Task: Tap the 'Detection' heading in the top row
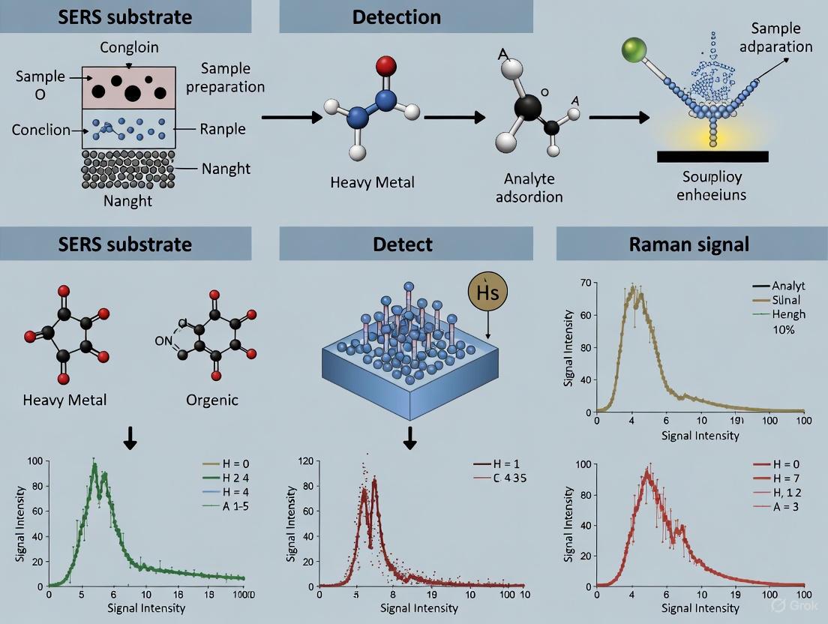click(x=397, y=16)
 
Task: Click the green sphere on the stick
click(x=634, y=52)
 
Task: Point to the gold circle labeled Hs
click(x=487, y=293)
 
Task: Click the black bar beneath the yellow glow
click(x=712, y=156)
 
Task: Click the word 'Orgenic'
click(x=212, y=400)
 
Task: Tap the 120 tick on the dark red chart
click(x=304, y=461)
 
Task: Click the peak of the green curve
click(x=94, y=464)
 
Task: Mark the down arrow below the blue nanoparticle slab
click(x=409, y=437)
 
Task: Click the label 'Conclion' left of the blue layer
click(x=40, y=130)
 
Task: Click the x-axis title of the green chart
click(x=146, y=607)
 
